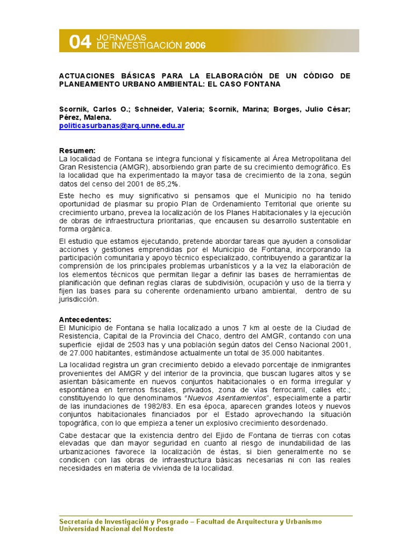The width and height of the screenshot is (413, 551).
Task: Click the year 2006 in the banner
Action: coord(195,46)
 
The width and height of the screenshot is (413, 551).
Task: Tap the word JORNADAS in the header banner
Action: coord(121,37)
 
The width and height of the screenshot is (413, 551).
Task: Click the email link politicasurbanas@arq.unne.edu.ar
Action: coord(122,125)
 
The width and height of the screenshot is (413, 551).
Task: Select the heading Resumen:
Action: coord(77,151)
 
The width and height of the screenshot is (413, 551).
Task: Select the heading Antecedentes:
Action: coord(85,319)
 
